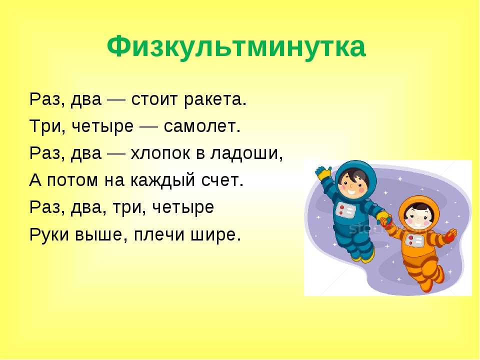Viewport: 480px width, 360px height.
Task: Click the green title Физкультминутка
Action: [x=236, y=47]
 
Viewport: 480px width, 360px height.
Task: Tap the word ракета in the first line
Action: [x=215, y=100]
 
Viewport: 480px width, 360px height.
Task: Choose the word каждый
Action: [x=162, y=180]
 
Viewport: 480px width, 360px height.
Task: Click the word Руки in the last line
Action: [x=49, y=235]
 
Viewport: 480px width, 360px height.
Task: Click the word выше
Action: [x=100, y=235]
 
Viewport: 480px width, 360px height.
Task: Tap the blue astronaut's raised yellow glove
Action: [x=323, y=173]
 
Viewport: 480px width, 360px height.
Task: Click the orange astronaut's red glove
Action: [x=450, y=235]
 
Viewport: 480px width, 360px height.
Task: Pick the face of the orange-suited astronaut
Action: [x=418, y=217]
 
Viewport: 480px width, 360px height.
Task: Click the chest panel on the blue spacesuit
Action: [x=346, y=210]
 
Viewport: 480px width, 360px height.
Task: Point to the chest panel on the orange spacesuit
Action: [x=414, y=241]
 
